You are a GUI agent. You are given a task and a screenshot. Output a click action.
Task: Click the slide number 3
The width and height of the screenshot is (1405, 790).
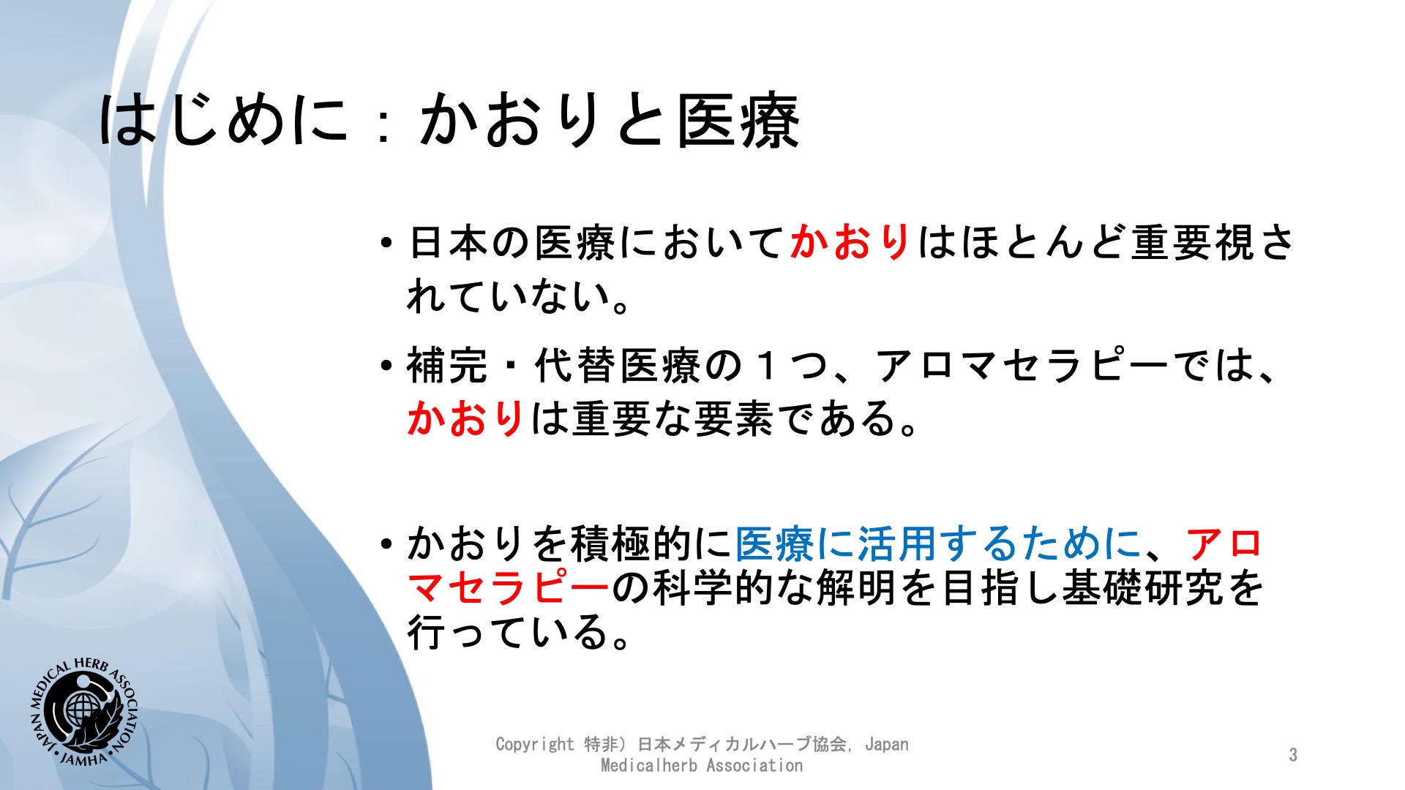(x=1293, y=755)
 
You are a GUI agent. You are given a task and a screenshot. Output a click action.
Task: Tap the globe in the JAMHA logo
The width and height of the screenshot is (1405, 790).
(x=80, y=709)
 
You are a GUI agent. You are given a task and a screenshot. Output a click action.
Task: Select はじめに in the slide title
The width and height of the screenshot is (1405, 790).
(x=223, y=119)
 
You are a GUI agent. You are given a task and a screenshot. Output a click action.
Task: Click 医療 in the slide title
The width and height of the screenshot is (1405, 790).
(x=738, y=121)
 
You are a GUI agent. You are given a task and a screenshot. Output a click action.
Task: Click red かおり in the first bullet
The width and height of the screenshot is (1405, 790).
(x=850, y=242)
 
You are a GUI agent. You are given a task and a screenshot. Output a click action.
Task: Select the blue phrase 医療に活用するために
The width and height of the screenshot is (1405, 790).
(x=938, y=544)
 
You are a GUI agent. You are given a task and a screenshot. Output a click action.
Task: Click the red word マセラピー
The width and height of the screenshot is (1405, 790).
(x=508, y=587)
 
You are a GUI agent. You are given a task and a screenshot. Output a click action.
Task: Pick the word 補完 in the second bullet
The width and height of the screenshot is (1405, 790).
(x=446, y=366)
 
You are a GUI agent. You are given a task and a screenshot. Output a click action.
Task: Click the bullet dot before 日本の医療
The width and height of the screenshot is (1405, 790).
(x=387, y=243)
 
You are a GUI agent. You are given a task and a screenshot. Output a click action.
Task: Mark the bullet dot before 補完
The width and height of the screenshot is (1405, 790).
(x=387, y=366)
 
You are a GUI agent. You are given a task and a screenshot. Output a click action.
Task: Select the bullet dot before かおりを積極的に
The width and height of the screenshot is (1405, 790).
(x=387, y=544)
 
